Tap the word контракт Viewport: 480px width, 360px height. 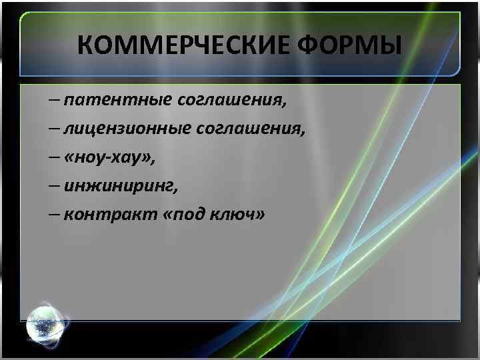pyautogui.click(x=110, y=216)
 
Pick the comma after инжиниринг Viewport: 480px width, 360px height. pyautogui.click(x=175, y=191)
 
